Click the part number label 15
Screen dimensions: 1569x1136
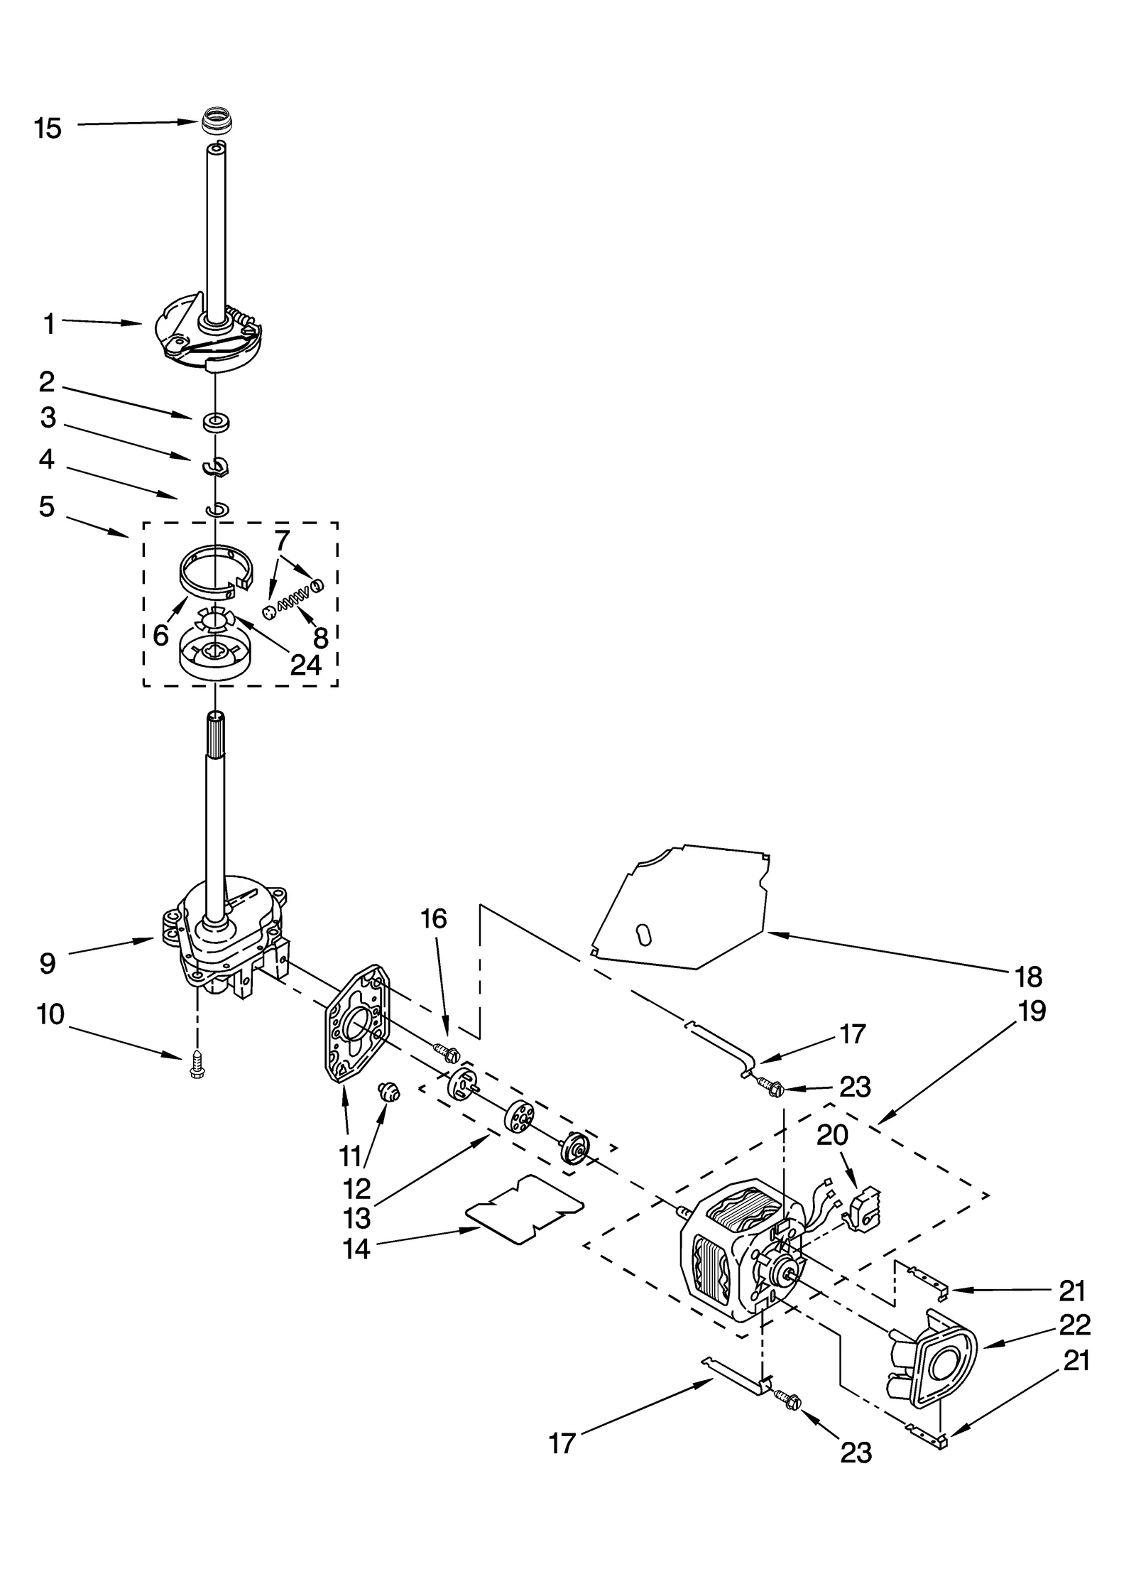point(48,129)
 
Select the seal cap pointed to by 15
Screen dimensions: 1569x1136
point(213,119)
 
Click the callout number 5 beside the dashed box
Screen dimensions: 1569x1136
point(47,507)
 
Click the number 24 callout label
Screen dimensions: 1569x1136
point(306,665)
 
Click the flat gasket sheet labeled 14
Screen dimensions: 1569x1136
point(524,1208)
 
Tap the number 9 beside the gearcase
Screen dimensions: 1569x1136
point(47,964)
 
